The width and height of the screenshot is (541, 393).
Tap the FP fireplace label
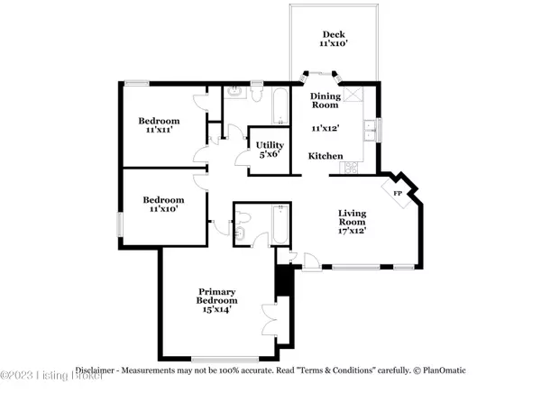click(398, 194)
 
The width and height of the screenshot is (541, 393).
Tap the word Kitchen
click(326, 156)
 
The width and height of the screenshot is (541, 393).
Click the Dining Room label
click(325, 100)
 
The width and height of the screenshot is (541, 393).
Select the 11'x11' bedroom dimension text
click(159, 130)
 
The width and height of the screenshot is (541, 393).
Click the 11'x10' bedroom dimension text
click(163, 209)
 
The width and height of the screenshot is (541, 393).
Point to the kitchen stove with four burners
click(352, 168)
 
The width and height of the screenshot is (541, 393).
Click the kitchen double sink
click(371, 130)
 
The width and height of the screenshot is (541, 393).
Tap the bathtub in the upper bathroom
click(280, 106)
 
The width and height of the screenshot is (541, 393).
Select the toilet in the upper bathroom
click(256, 94)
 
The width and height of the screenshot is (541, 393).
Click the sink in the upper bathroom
click(235, 92)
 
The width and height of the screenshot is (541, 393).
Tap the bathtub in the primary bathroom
click(280, 224)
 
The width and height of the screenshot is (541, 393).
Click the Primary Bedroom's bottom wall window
click(225, 360)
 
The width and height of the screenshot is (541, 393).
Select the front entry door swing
click(312, 262)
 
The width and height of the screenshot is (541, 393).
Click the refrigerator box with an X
click(353, 94)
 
